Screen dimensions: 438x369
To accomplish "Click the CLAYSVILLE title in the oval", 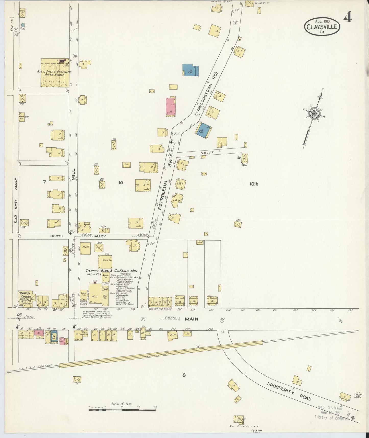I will tap(322, 27).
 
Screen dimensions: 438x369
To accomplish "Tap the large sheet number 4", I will tap(347, 17).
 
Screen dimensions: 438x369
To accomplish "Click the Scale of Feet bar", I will tap(122, 410).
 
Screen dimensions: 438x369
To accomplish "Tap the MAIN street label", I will tap(192, 319).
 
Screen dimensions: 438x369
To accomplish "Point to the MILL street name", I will tap(74, 174).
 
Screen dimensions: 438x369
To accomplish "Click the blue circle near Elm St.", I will tap(23, 25).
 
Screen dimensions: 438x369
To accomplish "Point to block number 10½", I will tap(254, 184).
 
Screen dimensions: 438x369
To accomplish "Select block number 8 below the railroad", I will tap(184, 375).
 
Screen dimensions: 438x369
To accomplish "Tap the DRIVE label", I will tap(207, 153).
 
